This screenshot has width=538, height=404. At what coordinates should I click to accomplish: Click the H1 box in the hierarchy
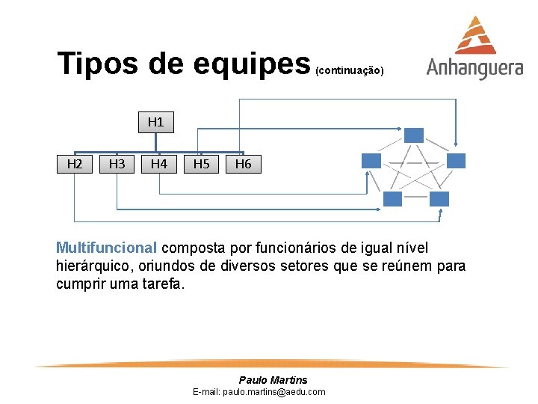tap(155, 122)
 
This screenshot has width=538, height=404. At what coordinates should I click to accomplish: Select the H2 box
tap(75, 163)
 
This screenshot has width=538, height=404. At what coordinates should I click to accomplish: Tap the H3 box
tap(117, 163)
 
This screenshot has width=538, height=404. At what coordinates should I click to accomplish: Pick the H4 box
tap(158, 163)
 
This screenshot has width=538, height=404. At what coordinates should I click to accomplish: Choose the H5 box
tap(201, 163)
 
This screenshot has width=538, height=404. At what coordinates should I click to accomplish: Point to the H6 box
tap(243, 163)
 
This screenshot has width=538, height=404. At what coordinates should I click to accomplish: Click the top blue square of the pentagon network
tap(414, 135)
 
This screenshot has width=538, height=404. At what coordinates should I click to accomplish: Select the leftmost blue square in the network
tap(371, 160)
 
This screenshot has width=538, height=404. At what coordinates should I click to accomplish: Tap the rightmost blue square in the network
tap(456, 160)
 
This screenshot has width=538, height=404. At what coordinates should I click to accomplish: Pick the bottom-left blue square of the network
tap(393, 198)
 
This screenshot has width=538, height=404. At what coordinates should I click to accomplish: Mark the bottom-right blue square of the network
tap(439, 198)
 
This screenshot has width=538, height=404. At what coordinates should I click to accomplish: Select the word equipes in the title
tap(250, 65)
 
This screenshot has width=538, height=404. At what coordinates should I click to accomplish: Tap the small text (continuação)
tap(350, 71)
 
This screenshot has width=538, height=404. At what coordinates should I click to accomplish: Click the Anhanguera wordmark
tap(474, 68)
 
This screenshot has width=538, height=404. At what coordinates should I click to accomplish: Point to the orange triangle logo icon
tap(477, 35)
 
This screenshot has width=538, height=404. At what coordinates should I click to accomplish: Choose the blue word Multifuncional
tap(107, 248)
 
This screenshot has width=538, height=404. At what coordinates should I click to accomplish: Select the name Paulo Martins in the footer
tap(273, 380)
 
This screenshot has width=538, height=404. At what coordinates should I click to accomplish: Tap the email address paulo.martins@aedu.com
tap(259, 391)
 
